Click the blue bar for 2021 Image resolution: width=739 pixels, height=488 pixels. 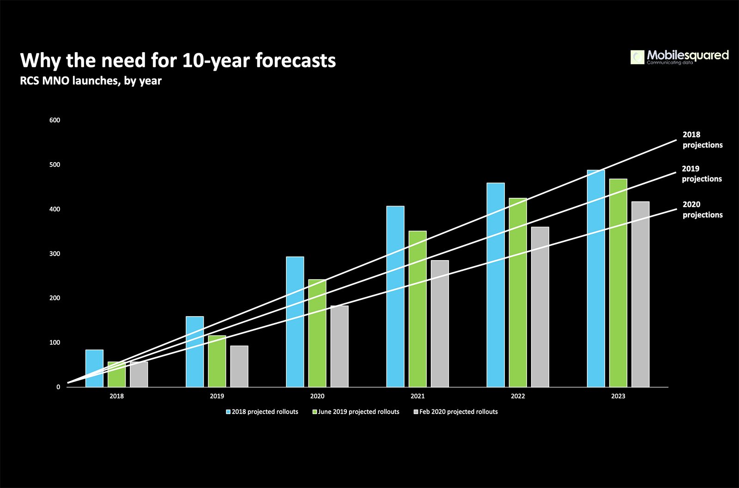click(395, 297)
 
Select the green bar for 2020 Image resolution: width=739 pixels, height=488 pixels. click(317, 333)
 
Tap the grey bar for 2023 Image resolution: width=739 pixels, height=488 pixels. click(640, 294)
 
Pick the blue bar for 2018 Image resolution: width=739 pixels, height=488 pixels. click(94, 368)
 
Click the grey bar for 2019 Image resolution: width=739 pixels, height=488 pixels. click(239, 366)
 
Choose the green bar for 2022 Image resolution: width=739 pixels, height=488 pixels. click(518, 293)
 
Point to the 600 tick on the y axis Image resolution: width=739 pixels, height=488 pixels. click(55, 120)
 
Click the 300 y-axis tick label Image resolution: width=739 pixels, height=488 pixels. click(55, 254)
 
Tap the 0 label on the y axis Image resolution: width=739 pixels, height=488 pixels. click(58, 387)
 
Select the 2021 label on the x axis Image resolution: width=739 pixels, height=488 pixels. click(418, 396)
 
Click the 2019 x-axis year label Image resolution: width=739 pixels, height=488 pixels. click(217, 396)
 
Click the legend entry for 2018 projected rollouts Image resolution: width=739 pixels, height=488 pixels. click(262, 412)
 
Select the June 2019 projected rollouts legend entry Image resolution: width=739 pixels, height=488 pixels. click(356, 412)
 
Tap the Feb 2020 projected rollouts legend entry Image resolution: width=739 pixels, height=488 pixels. click(455, 412)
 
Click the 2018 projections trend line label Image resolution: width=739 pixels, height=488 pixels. click(703, 140)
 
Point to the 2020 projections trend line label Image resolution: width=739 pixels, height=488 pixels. click(703, 209)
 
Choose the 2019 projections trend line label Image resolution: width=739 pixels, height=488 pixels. click(702, 174)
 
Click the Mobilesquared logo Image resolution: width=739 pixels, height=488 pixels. click(679, 57)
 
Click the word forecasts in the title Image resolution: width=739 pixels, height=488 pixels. click(296, 61)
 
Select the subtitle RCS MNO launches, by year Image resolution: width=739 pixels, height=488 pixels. click(91, 81)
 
